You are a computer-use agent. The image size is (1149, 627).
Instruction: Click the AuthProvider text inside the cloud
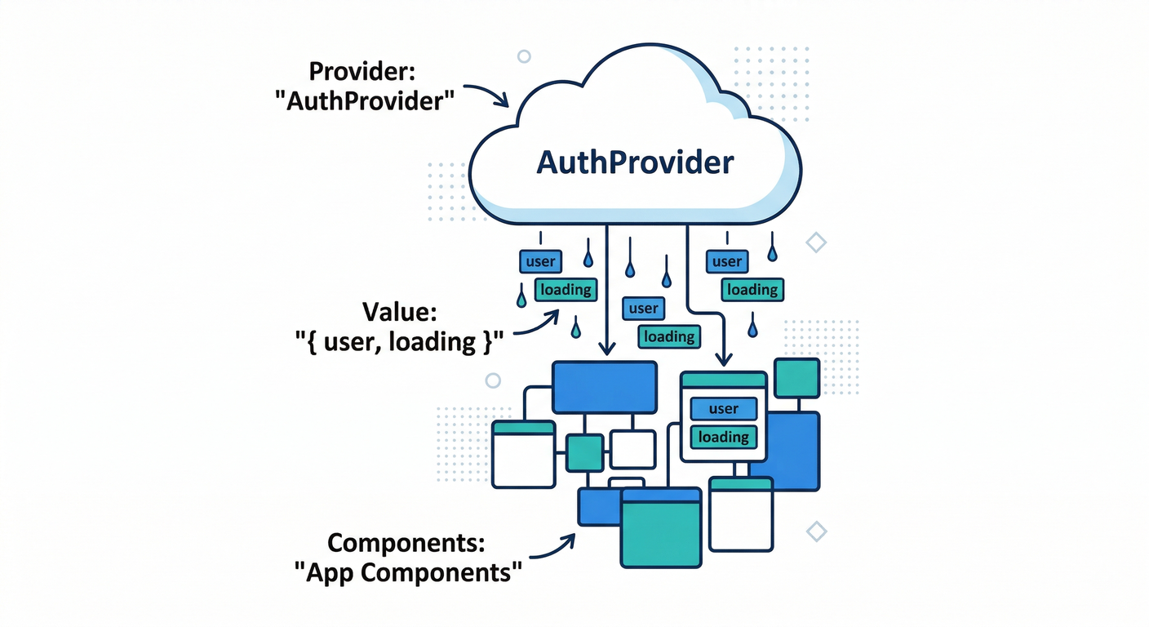tap(635, 162)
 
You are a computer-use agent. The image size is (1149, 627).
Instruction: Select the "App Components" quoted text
tap(406, 572)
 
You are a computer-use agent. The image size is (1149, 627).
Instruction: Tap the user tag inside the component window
tap(724, 409)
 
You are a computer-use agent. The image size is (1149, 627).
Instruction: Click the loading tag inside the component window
tap(724, 437)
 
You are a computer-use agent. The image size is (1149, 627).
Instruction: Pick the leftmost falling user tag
tap(540, 262)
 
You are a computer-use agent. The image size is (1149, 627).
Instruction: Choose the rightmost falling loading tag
tap(752, 290)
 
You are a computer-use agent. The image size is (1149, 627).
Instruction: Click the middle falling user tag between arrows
tap(643, 309)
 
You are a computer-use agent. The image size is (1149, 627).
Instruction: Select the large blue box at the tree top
tap(605, 387)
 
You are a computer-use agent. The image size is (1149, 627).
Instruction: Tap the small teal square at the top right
tap(796, 378)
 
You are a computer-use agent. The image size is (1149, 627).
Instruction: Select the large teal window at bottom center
tap(661, 527)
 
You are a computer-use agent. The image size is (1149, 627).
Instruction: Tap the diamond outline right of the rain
tap(815, 242)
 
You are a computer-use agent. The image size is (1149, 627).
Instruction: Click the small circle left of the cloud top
tap(524, 56)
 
